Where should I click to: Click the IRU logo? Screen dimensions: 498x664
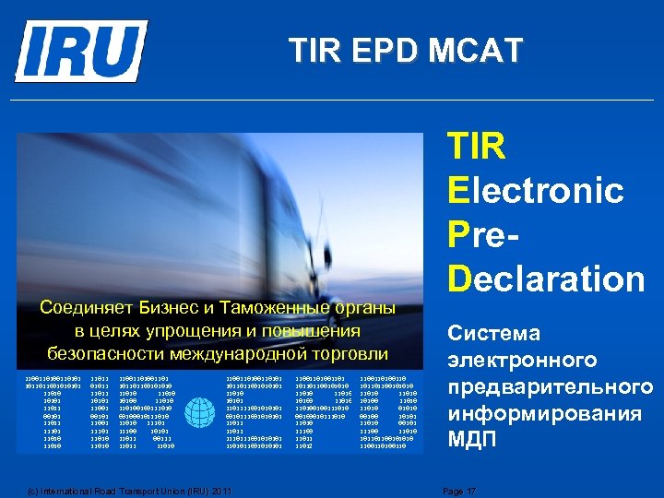tap(81, 51)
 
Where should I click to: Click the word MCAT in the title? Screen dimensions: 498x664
tap(475, 51)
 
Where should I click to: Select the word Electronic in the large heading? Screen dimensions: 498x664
tap(535, 191)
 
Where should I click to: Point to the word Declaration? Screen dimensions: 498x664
tap(546, 278)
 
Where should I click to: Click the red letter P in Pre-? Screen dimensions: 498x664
tap(458, 234)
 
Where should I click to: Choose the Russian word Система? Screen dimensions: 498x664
tap(493, 333)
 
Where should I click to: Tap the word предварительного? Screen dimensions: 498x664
tap(550, 386)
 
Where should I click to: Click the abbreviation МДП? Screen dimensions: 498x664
tap(471, 440)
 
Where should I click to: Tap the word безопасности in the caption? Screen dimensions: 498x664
tap(101, 353)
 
